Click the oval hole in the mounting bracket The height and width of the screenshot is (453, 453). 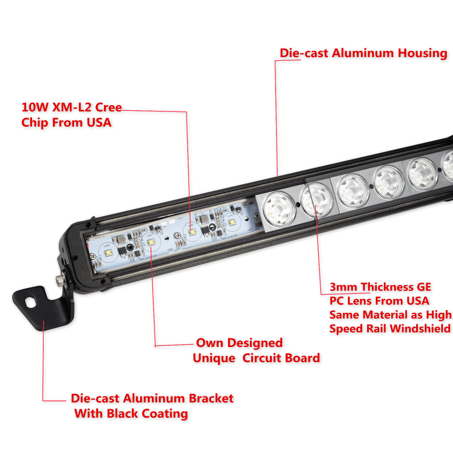click(x=30, y=303)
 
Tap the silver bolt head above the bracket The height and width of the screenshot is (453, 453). click(x=60, y=280)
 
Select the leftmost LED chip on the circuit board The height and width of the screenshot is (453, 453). click(x=108, y=253)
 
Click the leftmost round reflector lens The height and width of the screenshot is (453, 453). click(x=279, y=208)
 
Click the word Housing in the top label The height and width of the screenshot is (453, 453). click(x=423, y=53)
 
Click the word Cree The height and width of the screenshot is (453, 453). click(x=108, y=107)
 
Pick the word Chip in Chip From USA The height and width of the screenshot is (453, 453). click(x=35, y=123)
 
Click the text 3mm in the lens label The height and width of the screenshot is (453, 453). click(x=343, y=287)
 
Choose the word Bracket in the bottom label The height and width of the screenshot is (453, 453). click(x=211, y=399)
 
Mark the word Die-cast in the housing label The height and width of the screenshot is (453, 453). click(x=304, y=53)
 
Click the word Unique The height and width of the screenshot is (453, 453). click(x=214, y=359)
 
